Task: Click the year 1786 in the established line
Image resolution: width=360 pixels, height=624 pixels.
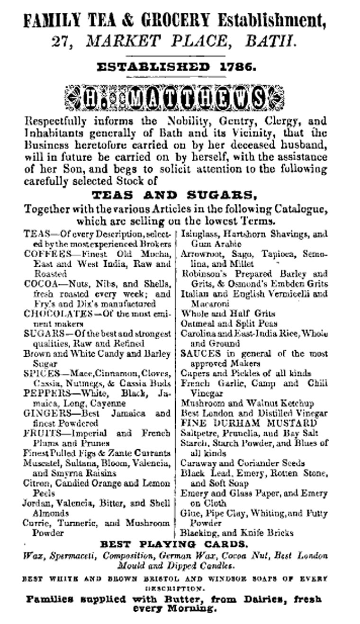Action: click(237, 67)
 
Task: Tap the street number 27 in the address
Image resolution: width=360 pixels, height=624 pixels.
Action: click(59, 42)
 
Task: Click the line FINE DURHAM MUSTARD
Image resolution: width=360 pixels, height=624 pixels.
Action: click(249, 423)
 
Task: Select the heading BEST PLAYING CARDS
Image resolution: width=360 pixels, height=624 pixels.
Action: click(174, 544)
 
